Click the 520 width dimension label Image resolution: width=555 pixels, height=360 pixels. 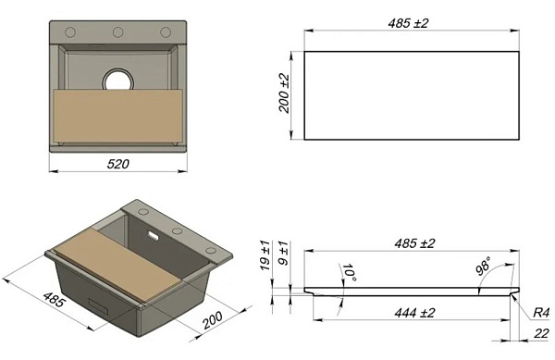[x=118, y=164]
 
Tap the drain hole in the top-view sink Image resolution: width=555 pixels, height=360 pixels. [x=117, y=80]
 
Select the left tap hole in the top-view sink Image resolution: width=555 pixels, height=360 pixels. [x=70, y=32]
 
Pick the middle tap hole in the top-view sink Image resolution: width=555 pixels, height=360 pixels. [x=117, y=32]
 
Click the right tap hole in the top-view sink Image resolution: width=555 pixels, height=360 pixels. [x=166, y=32]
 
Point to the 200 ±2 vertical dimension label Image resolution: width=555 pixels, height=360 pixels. [x=284, y=93]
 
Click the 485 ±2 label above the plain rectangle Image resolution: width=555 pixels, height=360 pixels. [x=408, y=23]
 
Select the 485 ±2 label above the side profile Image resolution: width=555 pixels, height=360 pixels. [x=414, y=243]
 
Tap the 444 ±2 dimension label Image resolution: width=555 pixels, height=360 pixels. [x=414, y=313]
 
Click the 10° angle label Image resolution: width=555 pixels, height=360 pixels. [x=349, y=273]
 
